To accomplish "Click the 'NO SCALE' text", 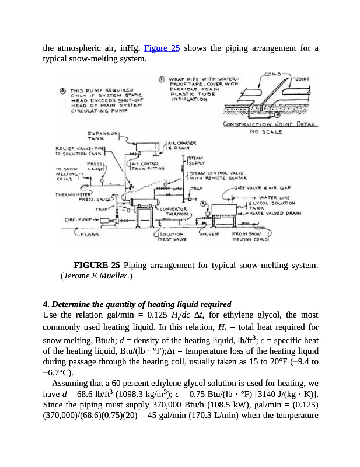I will tap(265, 132).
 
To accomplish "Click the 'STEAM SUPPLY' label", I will tap(197, 161).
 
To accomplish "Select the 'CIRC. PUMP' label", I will tap(79, 220).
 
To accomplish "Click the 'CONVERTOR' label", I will tap(173, 208).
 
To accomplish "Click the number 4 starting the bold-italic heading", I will tap(46, 304).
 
